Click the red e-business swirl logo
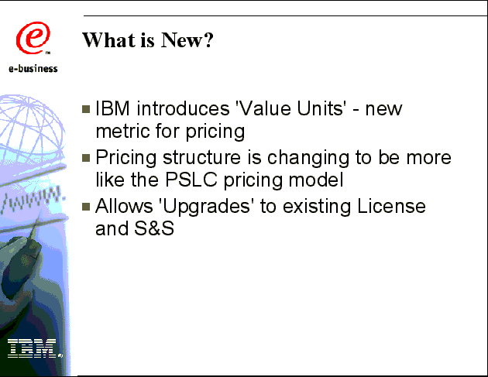33,38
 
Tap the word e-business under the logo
33,68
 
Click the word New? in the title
187,39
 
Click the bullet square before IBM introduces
86,109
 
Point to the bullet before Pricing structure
86,158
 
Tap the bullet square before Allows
86,207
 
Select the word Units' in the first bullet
321,108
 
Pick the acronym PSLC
191,180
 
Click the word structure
201,157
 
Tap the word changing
308,159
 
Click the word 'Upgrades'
206,207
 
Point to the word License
391,206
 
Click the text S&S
154,228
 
